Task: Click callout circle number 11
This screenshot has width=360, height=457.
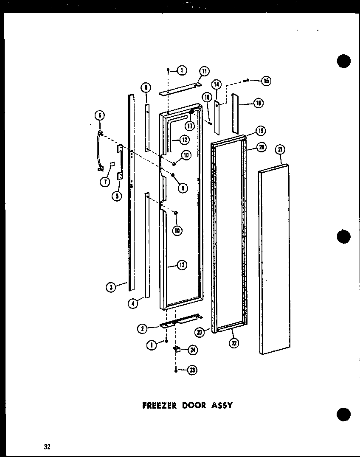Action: click(204, 71)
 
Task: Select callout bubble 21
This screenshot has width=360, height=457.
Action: click(281, 149)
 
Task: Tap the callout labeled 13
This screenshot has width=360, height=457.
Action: click(182, 266)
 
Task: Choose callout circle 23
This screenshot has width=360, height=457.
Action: click(193, 370)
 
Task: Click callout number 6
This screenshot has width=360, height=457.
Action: click(99, 115)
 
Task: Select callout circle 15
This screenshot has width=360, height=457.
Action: click(266, 81)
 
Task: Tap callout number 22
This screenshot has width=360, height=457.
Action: click(233, 343)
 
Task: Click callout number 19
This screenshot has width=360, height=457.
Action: click(260, 130)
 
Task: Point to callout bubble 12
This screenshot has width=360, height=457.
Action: click(184, 139)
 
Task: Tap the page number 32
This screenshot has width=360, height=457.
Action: click(47, 446)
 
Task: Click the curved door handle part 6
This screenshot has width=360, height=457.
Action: click(100, 151)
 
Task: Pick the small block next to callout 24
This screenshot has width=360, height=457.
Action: click(176, 350)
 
